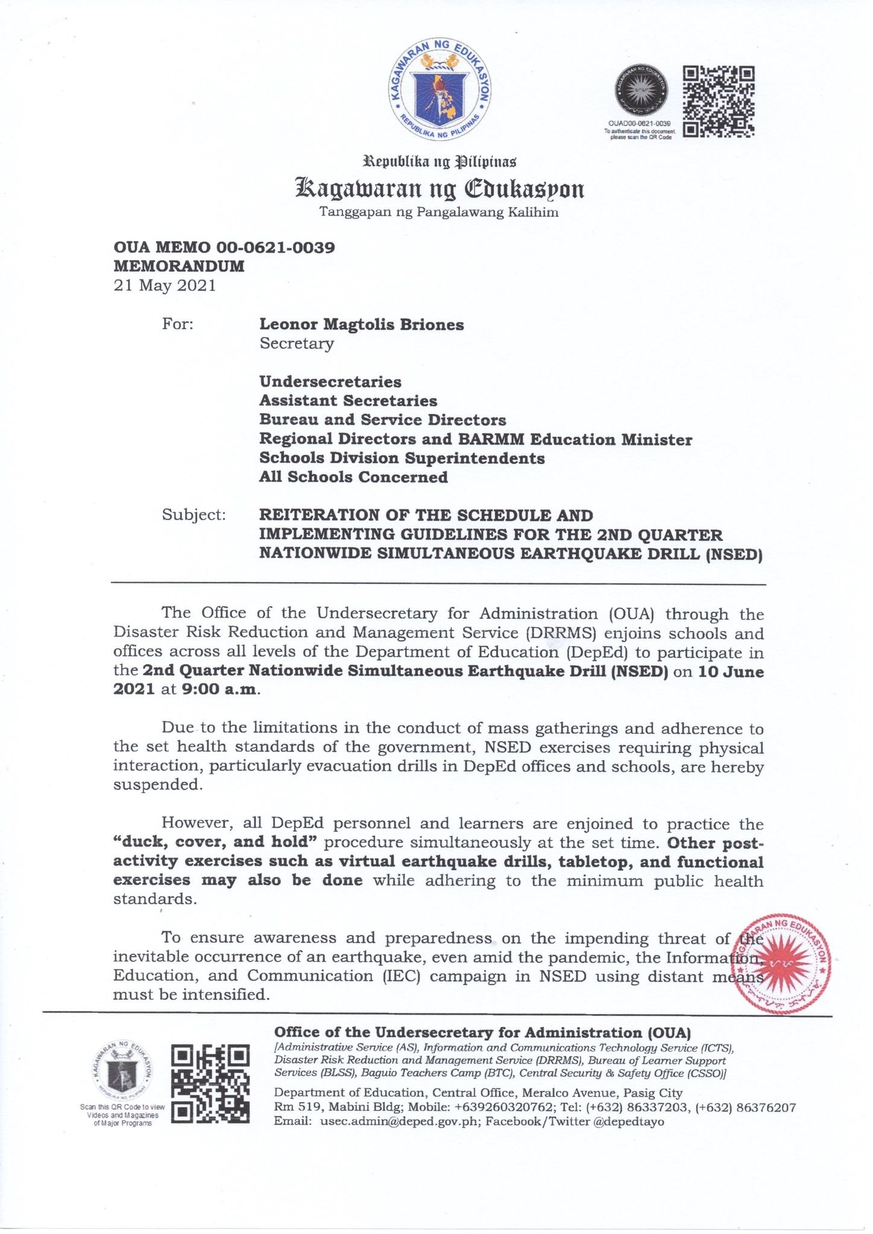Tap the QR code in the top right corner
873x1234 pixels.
tap(718, 101)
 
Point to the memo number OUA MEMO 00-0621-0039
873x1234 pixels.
tap(224, 247)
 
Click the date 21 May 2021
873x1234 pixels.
tap(165, 285)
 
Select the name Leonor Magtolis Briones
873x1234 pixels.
tap(361, 324)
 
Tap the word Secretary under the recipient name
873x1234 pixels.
tap(296, 343)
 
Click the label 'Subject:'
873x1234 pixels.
tap(194, 515)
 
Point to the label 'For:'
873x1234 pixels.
tap(178, 324)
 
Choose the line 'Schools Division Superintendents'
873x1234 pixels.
tap(402, 458)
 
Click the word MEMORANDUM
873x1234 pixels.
tap(179, 266)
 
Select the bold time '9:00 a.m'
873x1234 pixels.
tap(219, 689)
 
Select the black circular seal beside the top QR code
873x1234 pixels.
tap(640, 91)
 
